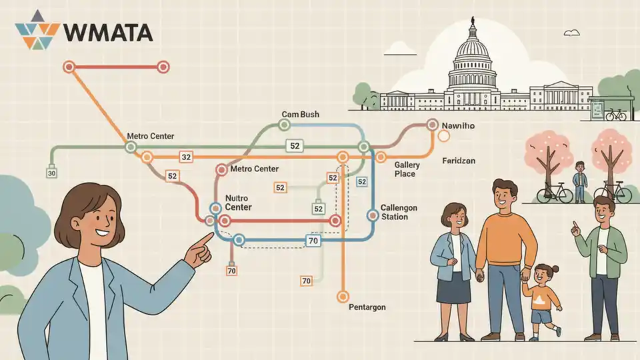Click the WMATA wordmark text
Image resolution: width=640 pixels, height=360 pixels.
108,33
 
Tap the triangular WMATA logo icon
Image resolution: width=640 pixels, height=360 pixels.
37,30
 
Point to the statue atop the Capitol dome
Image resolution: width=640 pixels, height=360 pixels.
473,21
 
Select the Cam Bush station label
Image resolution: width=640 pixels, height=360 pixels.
301,114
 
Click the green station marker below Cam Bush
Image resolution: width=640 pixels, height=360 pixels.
285,125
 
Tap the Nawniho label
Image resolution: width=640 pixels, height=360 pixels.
458,126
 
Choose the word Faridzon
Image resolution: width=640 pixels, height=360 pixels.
459,161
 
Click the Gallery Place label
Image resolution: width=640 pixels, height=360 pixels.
407,169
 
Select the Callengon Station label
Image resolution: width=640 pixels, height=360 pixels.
399,212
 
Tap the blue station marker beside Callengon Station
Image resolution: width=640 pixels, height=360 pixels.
372,215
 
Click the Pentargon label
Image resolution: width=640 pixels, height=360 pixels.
367,307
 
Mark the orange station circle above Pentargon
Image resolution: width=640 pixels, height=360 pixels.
343,296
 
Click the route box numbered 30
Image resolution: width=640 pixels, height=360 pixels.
51,173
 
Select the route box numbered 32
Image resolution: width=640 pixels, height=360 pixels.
186,157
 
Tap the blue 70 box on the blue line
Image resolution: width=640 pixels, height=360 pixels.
313,241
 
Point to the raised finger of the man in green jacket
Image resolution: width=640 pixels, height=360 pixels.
575,226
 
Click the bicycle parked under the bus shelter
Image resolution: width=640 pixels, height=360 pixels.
615,115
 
